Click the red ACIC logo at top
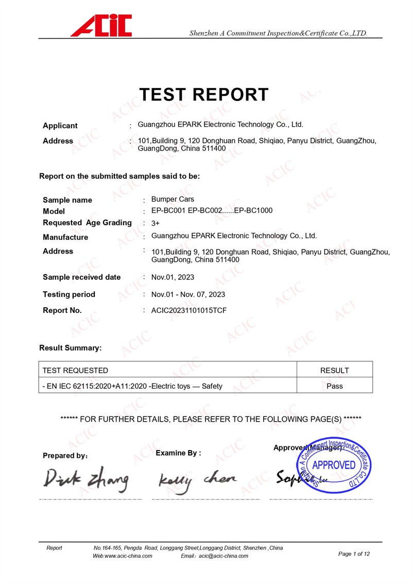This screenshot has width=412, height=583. (101, 25)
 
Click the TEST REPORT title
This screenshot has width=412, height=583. (204, 95)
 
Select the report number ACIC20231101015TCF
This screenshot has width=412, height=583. (189, 310)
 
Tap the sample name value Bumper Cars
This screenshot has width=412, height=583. (173, 199)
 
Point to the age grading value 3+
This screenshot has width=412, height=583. (156, 223)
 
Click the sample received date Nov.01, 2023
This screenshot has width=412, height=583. (173, 277)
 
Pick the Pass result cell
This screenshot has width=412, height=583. (335, 386)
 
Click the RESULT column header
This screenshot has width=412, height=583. (335, 370)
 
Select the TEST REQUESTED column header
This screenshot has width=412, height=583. (75, 370)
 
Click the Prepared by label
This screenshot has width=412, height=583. (65, 456)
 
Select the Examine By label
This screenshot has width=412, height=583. (178, 453)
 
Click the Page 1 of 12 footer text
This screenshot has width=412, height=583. (354, 554)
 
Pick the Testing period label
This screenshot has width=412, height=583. (69, 294)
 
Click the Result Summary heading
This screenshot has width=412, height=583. (71, 348)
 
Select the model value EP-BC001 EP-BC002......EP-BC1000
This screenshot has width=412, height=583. (212, 210)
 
